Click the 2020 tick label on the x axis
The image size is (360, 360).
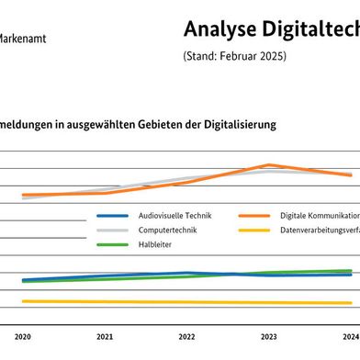[23, 337]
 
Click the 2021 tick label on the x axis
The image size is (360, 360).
[105, 337]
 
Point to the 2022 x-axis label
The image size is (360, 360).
[186, 337]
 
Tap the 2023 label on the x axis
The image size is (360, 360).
[268, 337]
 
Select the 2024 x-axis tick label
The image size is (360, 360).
[350, 337]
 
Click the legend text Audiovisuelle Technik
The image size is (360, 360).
[174, 215]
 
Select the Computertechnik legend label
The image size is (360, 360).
[164, 230]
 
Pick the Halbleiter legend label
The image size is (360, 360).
[154, 244]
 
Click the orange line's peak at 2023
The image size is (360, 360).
[268, 165]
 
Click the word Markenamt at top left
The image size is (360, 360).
[24, 39]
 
